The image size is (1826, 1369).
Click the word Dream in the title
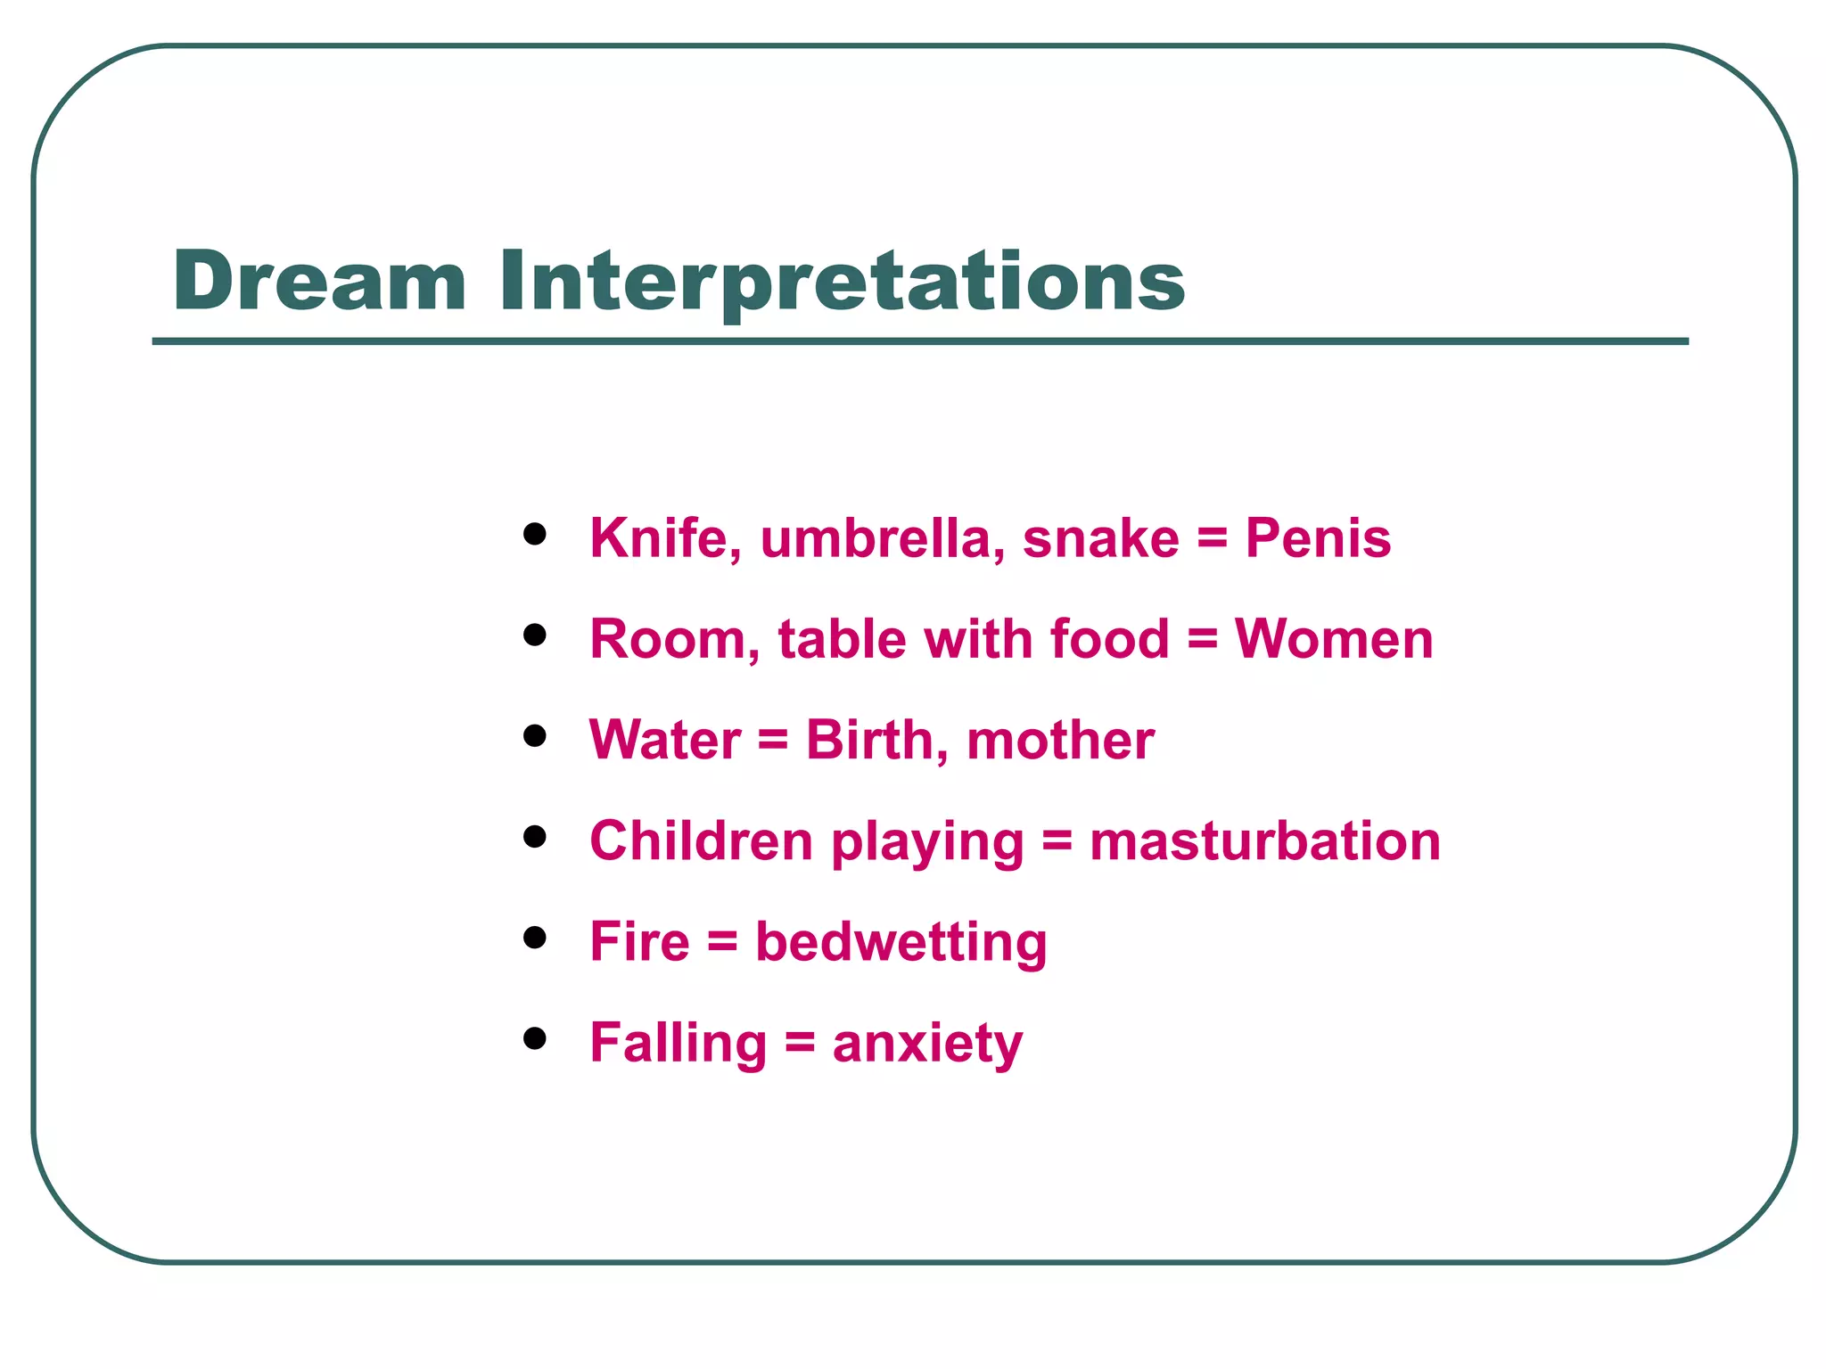point(319,281)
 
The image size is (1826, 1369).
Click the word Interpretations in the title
point(842,281)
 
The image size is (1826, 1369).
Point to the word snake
point(1101,538)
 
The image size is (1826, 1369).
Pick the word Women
point(1334,639)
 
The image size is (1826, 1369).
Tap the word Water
point(664,740)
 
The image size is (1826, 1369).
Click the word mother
point(1060,740)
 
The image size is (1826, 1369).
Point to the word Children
point(701,840)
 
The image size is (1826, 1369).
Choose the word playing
point(927,842)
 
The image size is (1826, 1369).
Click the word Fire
point(639,941)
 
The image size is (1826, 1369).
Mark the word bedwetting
point(901,943)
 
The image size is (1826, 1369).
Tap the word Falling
point(678,1043)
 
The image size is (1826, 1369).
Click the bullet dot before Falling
point(535,1038)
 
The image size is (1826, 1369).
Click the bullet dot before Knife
point(535,534)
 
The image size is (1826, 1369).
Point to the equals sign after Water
point(773,742)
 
